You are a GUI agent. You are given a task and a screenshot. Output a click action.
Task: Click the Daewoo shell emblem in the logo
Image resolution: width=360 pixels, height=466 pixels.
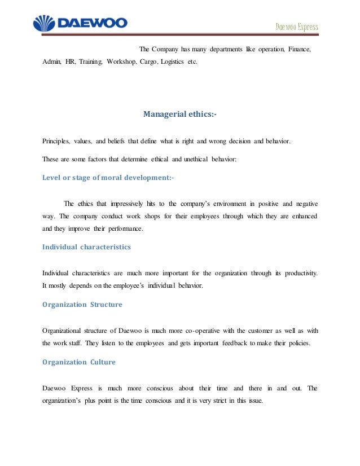pyautogui.click(x=43, y=24)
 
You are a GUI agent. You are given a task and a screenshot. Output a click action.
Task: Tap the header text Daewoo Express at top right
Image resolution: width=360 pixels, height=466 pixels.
pyautogui.click(x=297, y=27)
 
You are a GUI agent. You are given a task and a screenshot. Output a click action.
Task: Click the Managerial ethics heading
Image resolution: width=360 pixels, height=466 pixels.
pyautogui.click(x=179, y=115)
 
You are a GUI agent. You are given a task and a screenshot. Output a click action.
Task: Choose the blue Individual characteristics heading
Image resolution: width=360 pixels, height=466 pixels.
pyautogui.click(x=86, y=247)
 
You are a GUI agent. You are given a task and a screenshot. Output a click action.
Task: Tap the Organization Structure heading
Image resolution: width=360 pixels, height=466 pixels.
pyautogui.click(x=82, y=305)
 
